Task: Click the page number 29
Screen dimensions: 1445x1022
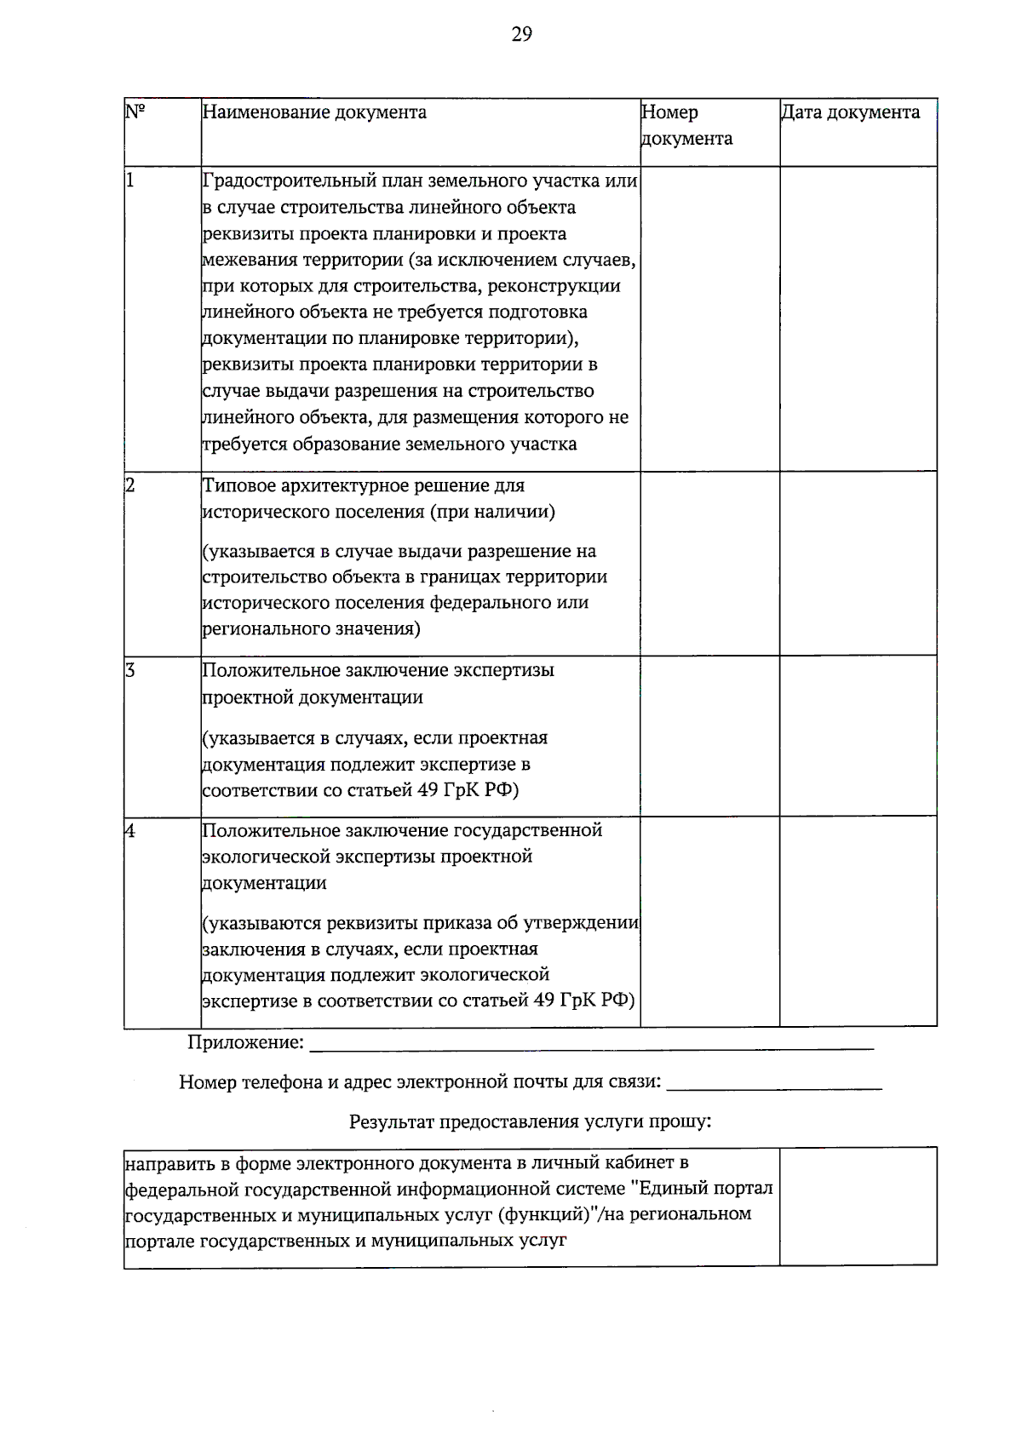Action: (x=521, y=34)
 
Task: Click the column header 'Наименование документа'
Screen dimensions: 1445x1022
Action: (x=314, y=112)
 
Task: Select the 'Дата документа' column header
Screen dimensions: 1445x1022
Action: (x=850, y=112)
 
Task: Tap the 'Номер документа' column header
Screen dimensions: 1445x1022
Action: (x=686, y=125)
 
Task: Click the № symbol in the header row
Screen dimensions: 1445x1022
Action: (x=135, y=112)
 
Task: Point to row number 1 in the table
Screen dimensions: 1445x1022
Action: (x=130, y=181)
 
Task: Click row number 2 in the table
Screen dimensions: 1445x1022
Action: (x=130, y=485)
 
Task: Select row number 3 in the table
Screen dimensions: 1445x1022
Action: (x=130, y=670)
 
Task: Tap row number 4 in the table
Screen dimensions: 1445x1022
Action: (x=130, y=830)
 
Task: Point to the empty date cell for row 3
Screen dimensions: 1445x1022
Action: (x=858, y=735)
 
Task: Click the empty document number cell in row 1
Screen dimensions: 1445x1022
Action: (x=709, y=318)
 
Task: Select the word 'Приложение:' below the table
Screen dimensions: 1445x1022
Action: (x=245, y=1042)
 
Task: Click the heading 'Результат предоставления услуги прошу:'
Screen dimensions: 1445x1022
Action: (x=530, y=1121)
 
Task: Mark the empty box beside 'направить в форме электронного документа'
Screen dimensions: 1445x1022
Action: (x=858, y=1206)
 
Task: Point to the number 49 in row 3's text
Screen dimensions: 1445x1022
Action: (x=428, y=790)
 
